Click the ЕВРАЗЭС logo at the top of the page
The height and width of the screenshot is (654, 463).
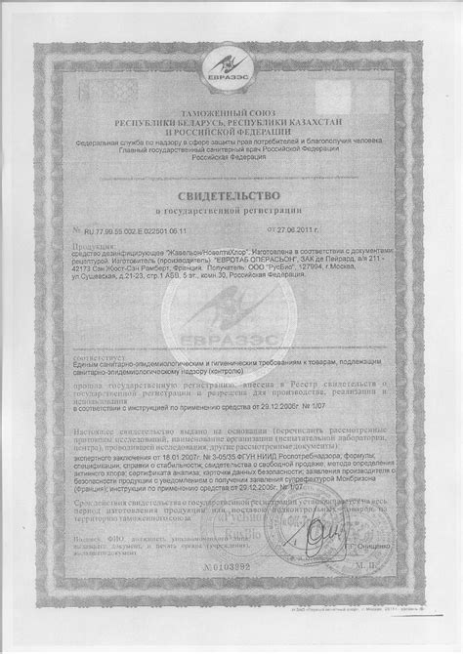coord(231,67)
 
